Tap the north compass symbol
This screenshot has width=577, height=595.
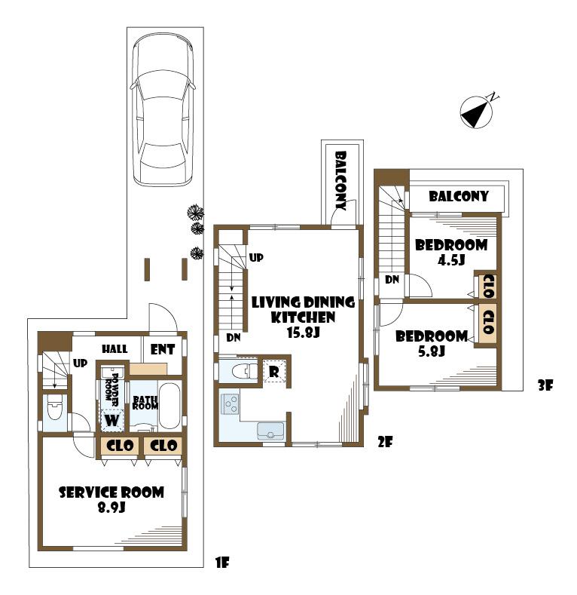tap(477, 112)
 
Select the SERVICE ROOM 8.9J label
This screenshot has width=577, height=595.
tap(111, 500)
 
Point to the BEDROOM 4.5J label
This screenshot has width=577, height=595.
tap(450, 252)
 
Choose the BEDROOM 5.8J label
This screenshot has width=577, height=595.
tap(432, 343)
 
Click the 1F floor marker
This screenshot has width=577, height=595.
tap(221, 561)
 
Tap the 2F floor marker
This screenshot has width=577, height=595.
tap(385, 443)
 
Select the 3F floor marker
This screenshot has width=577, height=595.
tap(545, 385)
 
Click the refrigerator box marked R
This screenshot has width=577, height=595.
tap(275, 370)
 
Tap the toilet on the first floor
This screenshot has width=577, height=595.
tap(54, 410)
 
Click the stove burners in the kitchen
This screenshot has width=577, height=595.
tap(229, 405)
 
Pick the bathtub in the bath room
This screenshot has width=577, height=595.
tap(169, 406)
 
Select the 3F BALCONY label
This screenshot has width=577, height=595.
tap(459, 196)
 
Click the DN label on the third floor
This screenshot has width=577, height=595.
tap(392, 280)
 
